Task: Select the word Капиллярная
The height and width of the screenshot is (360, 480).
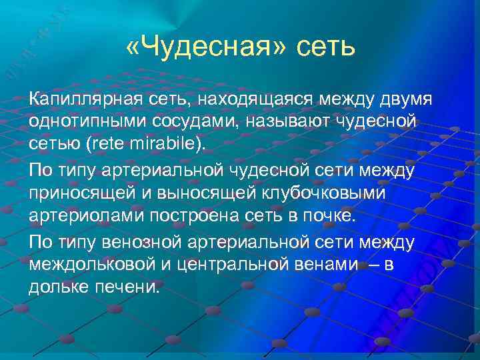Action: [85, 99]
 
